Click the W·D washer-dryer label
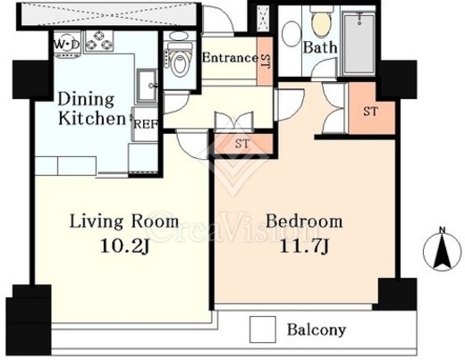(67, 45)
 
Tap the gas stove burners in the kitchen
(99, 41)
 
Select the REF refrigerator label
(145, 124)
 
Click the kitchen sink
(148, 86)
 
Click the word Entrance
(230, 57)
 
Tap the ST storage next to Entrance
(266, 61)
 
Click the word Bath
(320, 47)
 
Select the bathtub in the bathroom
(359, 43)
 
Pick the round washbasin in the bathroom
(291, 33)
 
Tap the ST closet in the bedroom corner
(371, 112)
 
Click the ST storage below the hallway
(242, 144)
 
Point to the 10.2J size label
(124, 247)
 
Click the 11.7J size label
(304, 247)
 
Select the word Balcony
(317, 330)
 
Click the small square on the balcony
(262, 330)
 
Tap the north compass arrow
(442, 250)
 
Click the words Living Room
(124, 222)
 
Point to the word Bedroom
(304, 222)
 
